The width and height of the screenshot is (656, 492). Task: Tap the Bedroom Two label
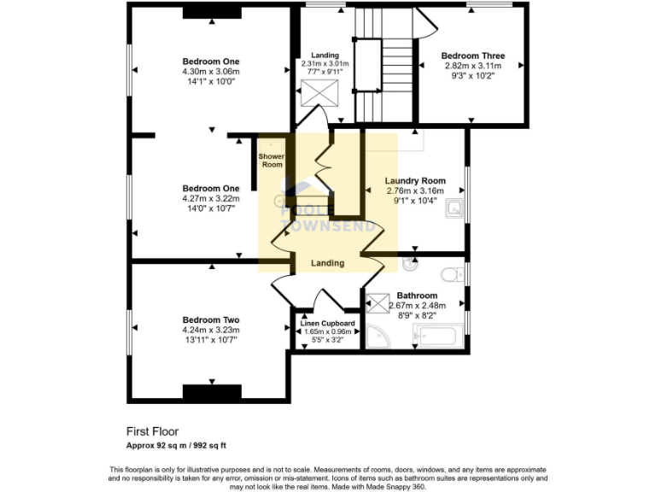point(210,319)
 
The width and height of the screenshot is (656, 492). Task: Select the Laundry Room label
point(415,181)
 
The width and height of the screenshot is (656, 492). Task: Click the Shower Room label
point(271,161)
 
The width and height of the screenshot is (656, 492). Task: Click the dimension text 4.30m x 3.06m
point(210,73)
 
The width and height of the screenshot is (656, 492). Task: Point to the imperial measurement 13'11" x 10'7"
point(210,340)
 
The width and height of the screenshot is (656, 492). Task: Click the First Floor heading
point(152,431)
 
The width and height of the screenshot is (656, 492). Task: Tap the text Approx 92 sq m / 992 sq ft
point(176,445)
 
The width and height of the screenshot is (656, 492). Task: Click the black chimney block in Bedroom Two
point(211,392)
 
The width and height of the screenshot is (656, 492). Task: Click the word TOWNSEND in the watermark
point(328,227)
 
